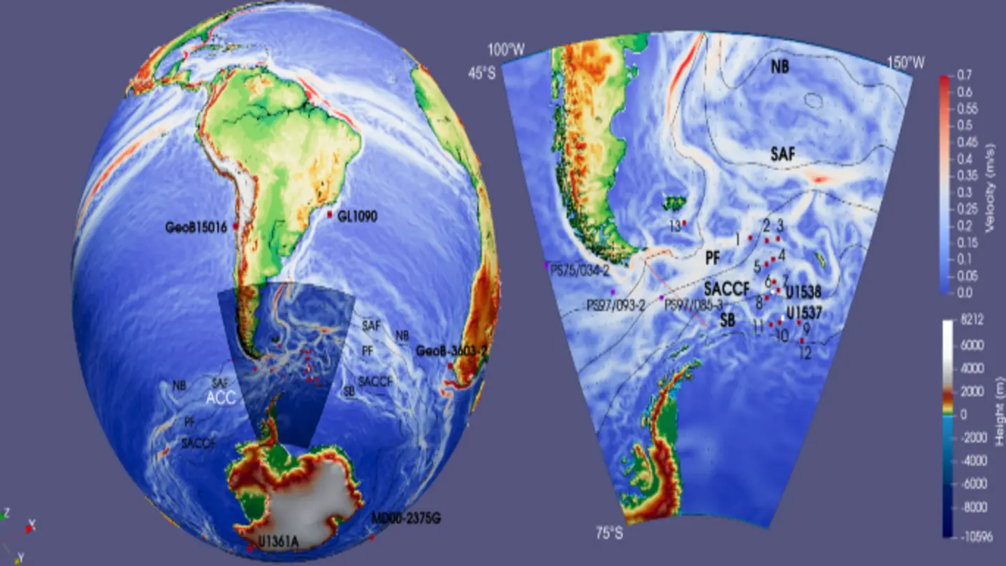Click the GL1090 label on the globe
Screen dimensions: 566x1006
[357, 217]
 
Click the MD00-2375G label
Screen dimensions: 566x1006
[406, 518]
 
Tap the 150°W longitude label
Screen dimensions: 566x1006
[905, 63]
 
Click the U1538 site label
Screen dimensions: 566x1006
[803, 291]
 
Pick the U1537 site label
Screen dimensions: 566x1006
[803, 312]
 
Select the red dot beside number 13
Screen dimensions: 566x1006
[685, 223]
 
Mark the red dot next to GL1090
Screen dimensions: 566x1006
[330, 214]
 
